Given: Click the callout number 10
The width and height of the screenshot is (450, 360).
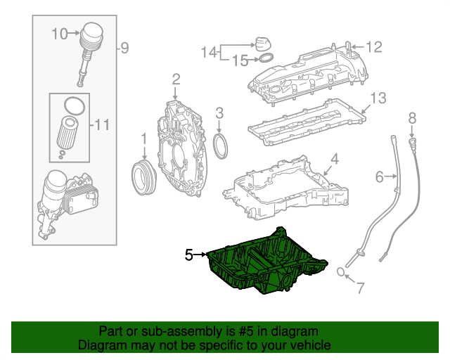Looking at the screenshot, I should pyautogui.click(x=59, y=33).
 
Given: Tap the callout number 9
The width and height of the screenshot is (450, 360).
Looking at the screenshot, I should pyautogui.click(x=124, y=49).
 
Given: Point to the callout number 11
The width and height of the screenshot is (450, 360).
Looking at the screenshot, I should pyautogui.click(x=102, y=126).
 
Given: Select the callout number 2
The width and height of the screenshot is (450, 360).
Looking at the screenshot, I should pyautogui.click(x=176, y=79).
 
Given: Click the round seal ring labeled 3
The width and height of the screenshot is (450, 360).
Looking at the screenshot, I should pyautogui.click(x=221, y=148).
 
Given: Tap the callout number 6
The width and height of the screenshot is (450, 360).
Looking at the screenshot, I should pyautogui.click(x=380, y=177).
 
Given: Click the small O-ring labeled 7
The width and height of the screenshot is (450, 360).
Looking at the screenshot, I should pyautogui.click(x=340, y=272).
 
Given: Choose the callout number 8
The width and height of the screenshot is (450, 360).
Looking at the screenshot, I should pyautogui.click(x=412, y=117).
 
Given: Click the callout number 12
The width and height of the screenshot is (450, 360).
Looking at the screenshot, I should pyautogui.click(x=373, y=47).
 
